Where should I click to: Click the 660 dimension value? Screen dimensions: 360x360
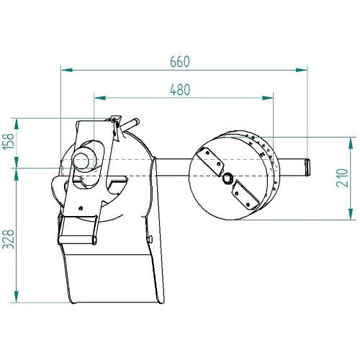tap(180, 62)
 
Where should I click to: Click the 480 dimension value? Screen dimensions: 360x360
tap(180, 90)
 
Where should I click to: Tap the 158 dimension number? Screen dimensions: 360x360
tap(9, 141)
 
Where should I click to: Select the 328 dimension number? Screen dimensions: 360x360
tap(9, 239)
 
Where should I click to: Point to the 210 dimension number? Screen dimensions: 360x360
tap(343, 178)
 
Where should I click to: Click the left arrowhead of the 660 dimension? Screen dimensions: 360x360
tap(67, 70)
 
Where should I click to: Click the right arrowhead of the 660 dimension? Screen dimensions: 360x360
tap(302, 70)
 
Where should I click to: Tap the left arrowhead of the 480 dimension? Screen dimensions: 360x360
tap(100, 98)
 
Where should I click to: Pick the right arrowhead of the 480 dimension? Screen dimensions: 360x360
tap(267, 98)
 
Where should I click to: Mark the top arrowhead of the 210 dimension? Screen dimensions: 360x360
tap(351, 143)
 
